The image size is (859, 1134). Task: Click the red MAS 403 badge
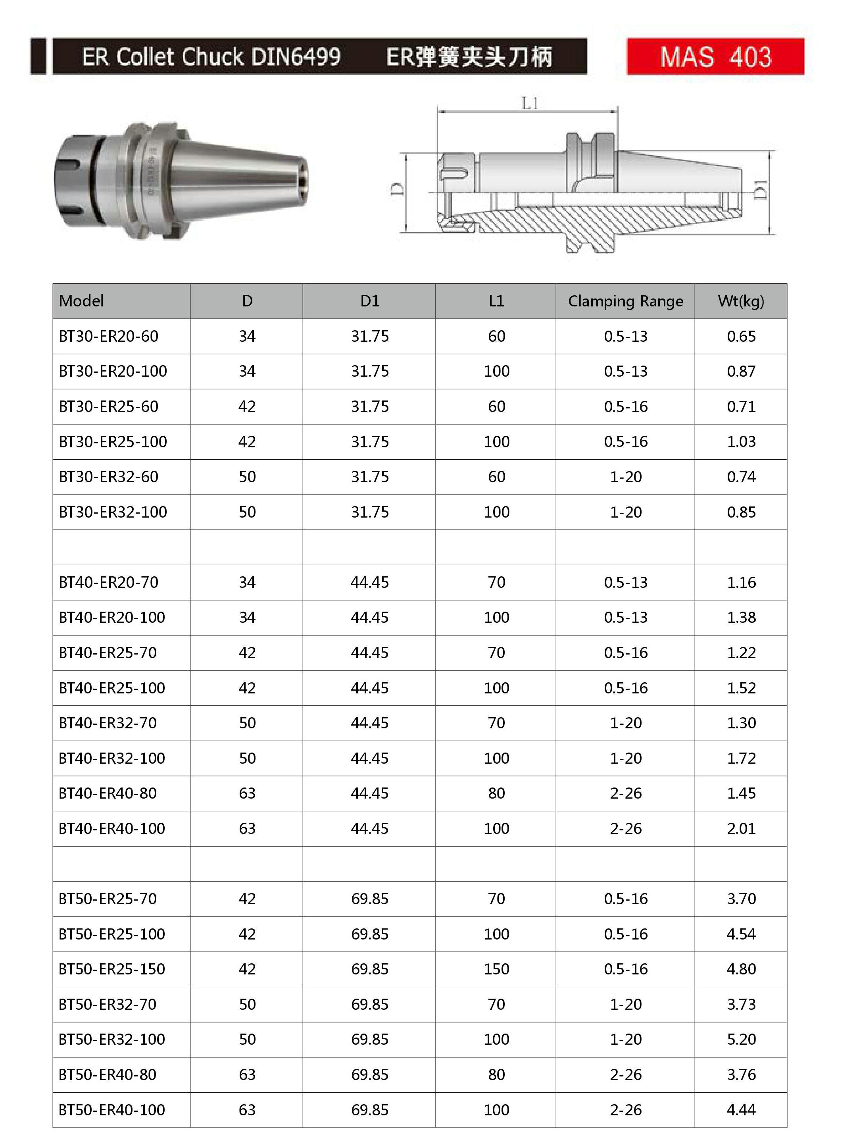tap(715, 56)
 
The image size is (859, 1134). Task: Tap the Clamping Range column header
tap(625, 301)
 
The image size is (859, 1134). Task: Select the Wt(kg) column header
tap(741, 301)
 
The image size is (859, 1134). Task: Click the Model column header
tap(81, 301)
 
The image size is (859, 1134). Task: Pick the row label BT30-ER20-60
tap(108, 336)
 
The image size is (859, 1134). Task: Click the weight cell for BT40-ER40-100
tap(741, 828)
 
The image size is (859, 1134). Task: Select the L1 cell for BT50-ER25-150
tap(496, 969)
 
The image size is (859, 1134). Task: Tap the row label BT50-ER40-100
tap(112, 1110)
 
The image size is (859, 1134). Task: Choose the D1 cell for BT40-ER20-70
tap(369, 582)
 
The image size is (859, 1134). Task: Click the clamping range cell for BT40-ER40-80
tap(625, 793)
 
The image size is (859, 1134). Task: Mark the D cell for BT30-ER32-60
tap(247, 477)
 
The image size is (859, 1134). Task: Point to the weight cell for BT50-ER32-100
tap(741, 1039)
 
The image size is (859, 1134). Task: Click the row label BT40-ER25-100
tap(112, 688)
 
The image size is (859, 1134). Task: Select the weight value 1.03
tap(741, 441)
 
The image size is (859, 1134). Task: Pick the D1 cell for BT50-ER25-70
tap(369, 899)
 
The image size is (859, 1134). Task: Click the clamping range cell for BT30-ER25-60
tap(625, 406)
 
